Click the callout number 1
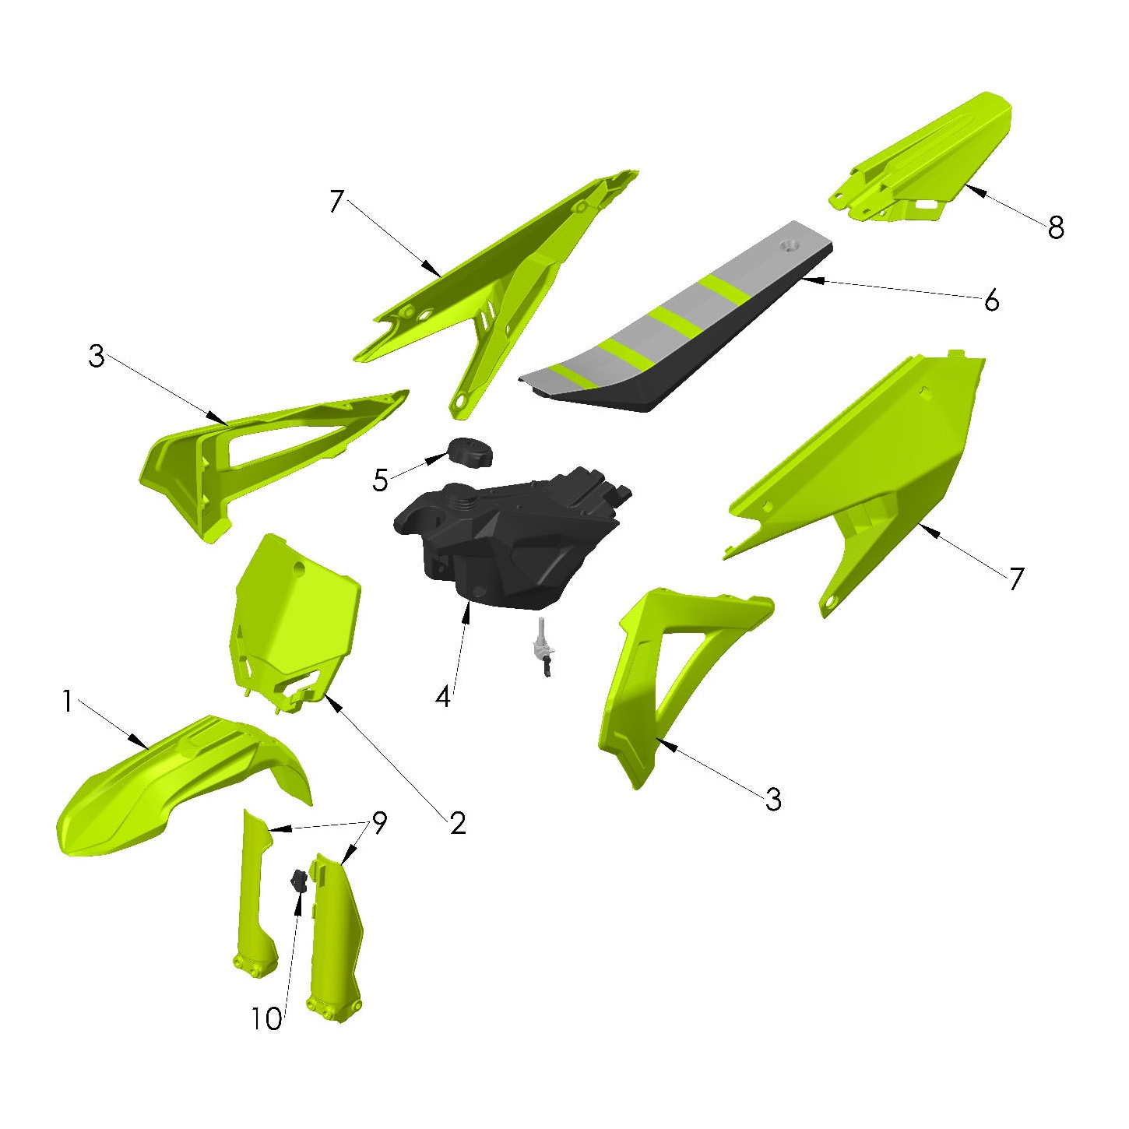tap(68, 702)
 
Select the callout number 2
tap(458, 824)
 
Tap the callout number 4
tap(443, 697)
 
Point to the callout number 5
tap(380, 480)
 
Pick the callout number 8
tap(1056, 227)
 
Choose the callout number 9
tap(380, 823)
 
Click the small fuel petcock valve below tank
tap(542, 646)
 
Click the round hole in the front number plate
tap(301, 568)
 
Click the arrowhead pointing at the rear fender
tap(974, 190)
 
